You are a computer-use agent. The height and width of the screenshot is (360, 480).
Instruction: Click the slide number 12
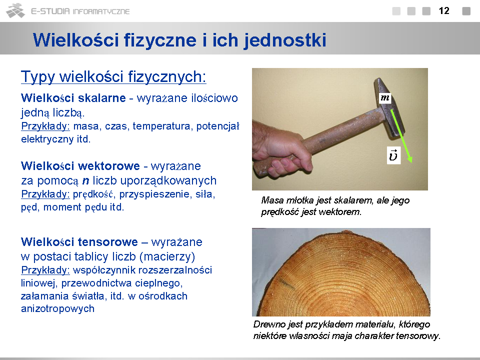[444, 11]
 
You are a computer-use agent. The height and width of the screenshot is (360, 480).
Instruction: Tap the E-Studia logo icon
[15, 10]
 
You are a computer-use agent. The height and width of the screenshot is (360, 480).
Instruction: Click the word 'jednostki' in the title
[285, 40]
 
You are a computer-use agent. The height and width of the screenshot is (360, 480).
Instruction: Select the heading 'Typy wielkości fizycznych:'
[113, 76]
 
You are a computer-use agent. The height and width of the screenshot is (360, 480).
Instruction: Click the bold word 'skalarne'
[101, 98]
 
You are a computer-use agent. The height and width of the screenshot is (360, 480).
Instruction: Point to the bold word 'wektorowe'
[109, 166]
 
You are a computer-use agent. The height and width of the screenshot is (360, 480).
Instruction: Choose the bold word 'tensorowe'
[108, 242]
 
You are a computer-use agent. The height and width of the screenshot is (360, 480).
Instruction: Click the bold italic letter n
[85, 181]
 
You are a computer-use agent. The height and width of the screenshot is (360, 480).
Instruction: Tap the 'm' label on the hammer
[385, 98]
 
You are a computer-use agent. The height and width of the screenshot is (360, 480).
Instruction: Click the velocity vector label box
[393, 155]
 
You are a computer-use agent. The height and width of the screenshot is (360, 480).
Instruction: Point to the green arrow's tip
[411, 162]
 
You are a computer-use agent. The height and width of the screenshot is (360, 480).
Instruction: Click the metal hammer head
[389, 107]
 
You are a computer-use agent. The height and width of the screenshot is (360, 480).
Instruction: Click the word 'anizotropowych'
[57, 309]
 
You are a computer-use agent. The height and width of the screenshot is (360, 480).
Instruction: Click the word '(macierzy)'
[167, 257]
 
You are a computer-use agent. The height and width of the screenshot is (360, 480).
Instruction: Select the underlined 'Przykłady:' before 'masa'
[45, 126]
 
